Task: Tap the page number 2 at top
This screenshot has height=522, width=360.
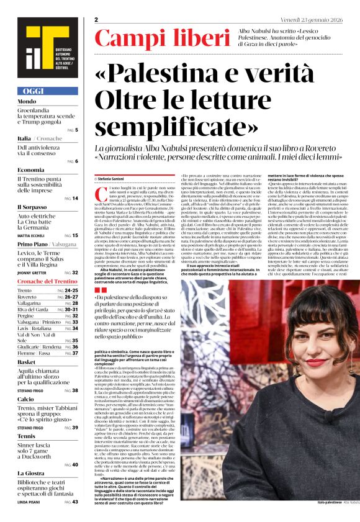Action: pyautogui.click(x=97, y=20)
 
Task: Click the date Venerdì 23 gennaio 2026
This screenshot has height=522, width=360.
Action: pyautogui.click(x=322, y=20)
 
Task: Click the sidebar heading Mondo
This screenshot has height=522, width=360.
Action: pyautogui.click(x=27, y=101)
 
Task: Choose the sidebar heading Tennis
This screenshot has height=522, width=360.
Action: pyautogui.click(x=27, y=435)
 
